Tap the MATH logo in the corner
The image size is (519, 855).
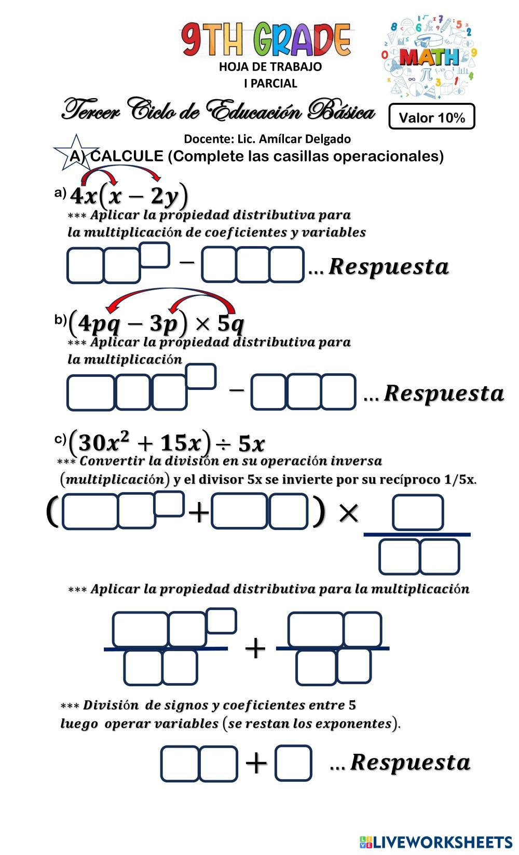pyautogui.click(x=429, y=56)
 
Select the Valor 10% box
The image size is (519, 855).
pyautogui.click(x=432, y=117)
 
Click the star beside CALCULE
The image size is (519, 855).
pyautogui.click(x=76, y=152)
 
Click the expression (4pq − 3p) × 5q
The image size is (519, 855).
pyautogui.click(x=156, y=323)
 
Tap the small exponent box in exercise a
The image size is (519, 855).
pyautogui.click(x=155, y=255)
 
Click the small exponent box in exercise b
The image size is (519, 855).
pyautogui.click(x=201, y=376)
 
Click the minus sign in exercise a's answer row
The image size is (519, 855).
pyautogui.click(x=187, y=262)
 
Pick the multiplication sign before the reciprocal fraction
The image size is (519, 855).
pyautogui.click(x=348, y=513)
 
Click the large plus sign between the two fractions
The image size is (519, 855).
pyautogui.click(x=255, y=649)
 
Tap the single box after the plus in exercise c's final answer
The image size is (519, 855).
pyautogui.click(x=293, y=763)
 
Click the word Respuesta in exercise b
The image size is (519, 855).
pyautogui.click(x=444, y=393)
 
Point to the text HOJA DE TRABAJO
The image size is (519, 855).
pyautogui.click(x=270, y=67)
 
